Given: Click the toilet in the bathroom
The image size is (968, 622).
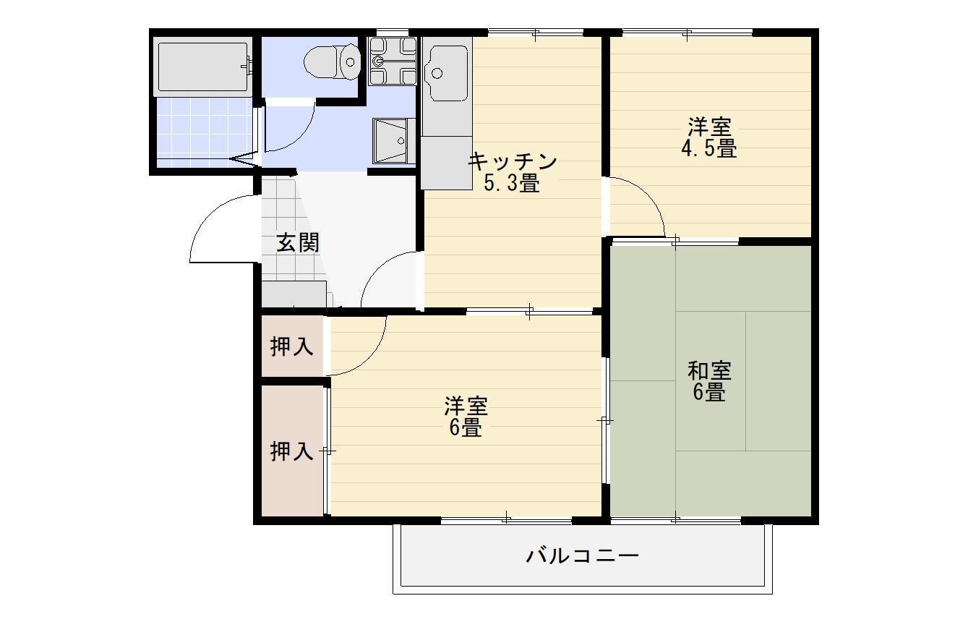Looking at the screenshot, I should click(333, 61).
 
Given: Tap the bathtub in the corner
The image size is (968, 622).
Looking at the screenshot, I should click(203, 67).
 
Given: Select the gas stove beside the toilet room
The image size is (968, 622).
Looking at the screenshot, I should click(393, 61).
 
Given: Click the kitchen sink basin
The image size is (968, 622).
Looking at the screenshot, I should click(447, 73).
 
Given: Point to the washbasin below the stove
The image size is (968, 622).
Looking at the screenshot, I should click(390, 140).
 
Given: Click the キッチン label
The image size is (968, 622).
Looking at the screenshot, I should click(513, 161).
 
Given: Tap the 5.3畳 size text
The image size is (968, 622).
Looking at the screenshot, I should click(511, 184).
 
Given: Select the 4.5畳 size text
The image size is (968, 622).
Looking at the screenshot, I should click(708, 149).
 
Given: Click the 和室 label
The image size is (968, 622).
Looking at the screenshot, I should click(709, 371).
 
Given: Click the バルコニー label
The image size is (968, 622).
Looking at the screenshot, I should click(582, 556).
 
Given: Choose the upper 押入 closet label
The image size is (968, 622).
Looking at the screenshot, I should click(291, 347).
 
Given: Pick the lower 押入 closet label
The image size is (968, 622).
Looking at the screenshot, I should click(291, 452).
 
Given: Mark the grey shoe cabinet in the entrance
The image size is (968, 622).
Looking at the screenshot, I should click(294, 295).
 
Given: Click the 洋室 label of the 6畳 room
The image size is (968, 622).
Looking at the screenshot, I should click(466, 406).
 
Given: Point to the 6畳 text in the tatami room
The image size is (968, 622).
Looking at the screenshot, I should click(709, 393).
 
